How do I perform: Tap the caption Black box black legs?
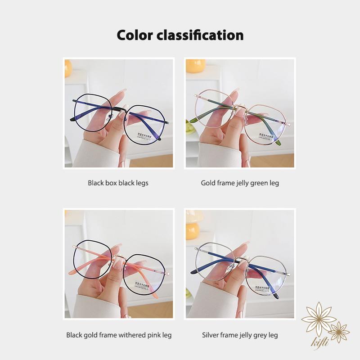point(118,183)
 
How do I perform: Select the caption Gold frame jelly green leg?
point(240,183)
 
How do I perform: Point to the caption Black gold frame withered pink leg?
point(119,335)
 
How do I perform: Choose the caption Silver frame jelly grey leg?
point(240,335)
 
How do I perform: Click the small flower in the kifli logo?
point(339,332)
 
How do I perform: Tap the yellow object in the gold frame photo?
point(196,66)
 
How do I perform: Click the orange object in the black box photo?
point(68,68)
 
